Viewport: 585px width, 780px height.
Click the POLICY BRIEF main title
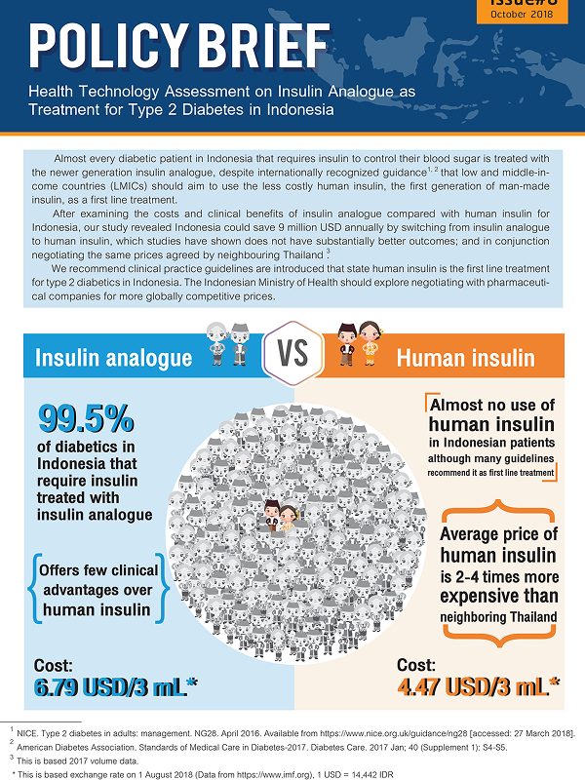coord(178,44)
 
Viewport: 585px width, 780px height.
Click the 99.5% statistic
coord(86,419)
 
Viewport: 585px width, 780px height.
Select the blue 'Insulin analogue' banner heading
coord(113,358)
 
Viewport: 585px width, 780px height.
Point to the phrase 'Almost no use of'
coord(492,405)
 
